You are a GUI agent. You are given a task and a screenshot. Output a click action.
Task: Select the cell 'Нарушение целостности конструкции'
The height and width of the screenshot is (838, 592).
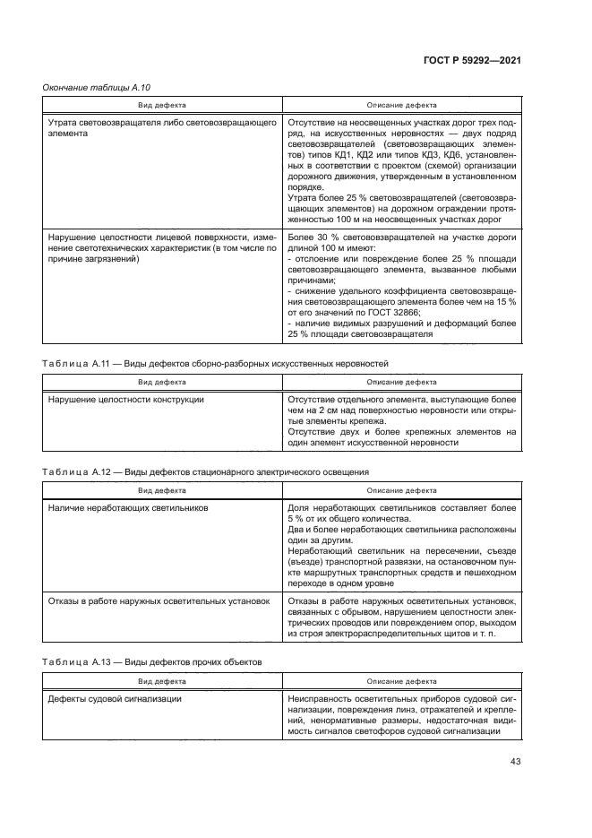coord(125,399)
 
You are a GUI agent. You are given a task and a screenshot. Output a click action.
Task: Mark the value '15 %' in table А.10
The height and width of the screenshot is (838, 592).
coord(507,301)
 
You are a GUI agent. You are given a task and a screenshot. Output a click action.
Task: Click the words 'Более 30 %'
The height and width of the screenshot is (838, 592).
coord(315,237)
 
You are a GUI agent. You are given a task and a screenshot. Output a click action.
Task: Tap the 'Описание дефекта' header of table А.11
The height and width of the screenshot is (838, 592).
coord(402,381)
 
